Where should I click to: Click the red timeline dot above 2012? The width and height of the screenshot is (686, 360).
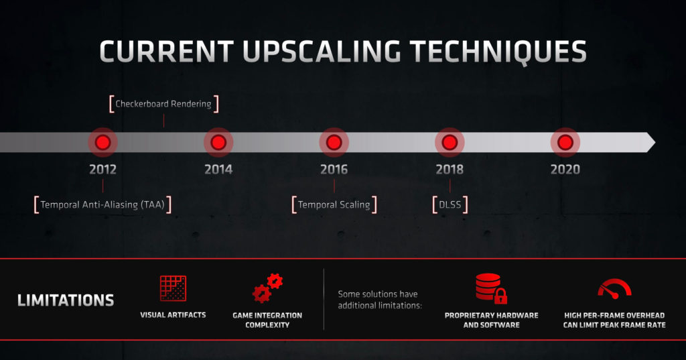click(x=102, y=142)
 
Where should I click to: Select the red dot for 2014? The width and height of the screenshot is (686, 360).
click(x=218, y=142)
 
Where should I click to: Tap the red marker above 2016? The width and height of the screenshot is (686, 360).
click(x=334, y=142)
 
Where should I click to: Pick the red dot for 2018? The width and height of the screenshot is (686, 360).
click(x=450, y=142)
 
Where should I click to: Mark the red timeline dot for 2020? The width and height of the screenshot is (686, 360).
click(x=565, y=142)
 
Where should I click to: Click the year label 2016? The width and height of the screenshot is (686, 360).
click(x=334, y=170)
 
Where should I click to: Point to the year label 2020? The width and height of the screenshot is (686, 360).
click(x=565, y=170)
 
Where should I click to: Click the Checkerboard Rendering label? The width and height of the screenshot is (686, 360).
click(x=163, y=104)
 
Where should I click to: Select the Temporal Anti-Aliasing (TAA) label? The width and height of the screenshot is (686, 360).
click(x=102, y=204)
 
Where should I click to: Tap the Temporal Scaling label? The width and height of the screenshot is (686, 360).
click(x=334, y=204)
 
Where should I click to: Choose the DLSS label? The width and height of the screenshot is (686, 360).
click(x=450, y=204)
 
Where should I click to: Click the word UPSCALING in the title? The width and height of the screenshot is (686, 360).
click(x=322, y=52)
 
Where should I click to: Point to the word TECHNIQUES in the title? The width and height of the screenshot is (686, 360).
click(x=498, y=52)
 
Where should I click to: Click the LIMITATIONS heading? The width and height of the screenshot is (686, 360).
click(x=66, y=300)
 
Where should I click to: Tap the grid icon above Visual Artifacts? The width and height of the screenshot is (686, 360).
click(x=173, y=288)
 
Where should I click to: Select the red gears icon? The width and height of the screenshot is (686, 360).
click(x=267, y=288)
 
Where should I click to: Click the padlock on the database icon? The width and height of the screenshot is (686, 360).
click(x=500, y=296)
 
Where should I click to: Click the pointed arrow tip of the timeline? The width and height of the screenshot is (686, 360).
click(x=655, y=142)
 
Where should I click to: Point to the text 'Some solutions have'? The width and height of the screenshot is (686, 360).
click(x=378, y=294)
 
